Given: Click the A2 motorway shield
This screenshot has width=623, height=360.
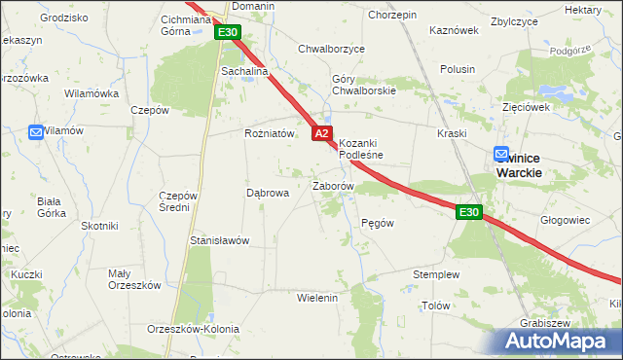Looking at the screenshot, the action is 323,133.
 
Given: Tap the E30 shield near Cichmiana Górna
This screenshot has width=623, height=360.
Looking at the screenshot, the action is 228,33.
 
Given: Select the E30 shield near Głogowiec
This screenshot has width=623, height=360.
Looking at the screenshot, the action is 469,212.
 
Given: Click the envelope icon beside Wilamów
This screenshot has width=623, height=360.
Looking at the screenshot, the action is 36,131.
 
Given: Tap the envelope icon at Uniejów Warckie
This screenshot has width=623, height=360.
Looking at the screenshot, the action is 501,154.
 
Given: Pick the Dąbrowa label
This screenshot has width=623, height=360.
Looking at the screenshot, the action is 268,193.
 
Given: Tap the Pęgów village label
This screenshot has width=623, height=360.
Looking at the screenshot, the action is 377,223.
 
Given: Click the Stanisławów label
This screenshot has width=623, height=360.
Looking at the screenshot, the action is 220,240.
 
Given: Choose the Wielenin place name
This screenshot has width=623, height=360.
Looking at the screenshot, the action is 317,297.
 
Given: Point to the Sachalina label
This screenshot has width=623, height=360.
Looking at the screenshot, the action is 244,72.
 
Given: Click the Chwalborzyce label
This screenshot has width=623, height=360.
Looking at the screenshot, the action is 331,48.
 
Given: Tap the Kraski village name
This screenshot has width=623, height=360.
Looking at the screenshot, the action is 453,133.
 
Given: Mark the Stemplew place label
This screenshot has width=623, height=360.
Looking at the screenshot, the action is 435,275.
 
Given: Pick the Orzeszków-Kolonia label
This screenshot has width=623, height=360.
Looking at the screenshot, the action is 193,329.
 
